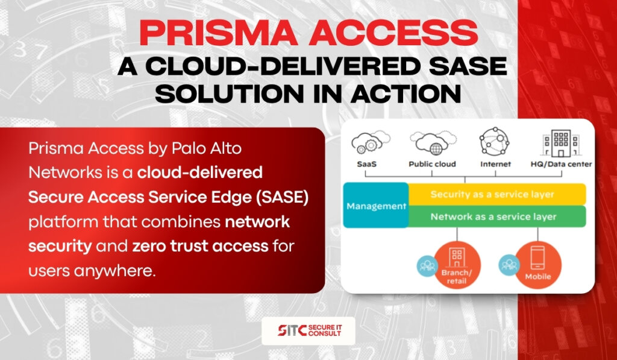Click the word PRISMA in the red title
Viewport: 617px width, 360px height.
pos(219,33)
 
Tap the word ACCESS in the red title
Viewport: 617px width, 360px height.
pos(393,33)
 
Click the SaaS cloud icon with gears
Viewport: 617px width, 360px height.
pos(371,142)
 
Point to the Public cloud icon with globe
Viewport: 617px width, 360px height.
pos(433,142)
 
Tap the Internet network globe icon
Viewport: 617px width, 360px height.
pos(494,141)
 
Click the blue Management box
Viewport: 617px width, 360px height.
pos(376,205)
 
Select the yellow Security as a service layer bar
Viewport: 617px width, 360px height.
pos(497,194)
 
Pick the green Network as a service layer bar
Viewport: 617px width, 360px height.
pos(497,216)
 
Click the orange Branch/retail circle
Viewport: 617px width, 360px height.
pos(457,265)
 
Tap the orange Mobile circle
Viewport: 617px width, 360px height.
pos(538,265)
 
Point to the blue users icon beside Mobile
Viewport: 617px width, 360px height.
pos(509,265)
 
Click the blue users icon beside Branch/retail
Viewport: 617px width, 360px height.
pos(427,266)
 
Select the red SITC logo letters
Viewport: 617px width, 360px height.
pos(292,330)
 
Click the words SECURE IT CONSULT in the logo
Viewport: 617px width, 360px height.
pos(325,330)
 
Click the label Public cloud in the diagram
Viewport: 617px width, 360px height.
pos(432,164)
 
